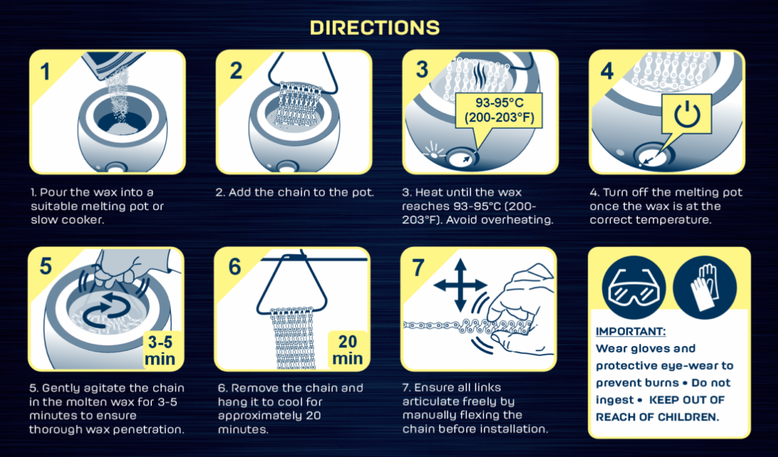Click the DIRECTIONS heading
point(374,27)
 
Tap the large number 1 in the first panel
point(45,72)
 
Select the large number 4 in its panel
point(607,71)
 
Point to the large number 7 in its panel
point(418,268)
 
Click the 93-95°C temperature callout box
point(499,111)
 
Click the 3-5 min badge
point(160,350)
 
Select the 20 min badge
point(347,349)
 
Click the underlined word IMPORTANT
point(631,332)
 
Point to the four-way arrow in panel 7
point(460,285)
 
